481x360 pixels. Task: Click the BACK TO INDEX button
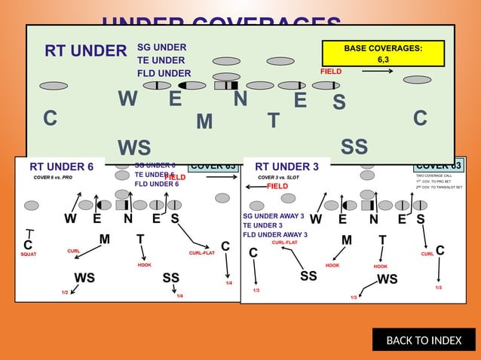tap(424, 340)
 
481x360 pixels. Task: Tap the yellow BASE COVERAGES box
tap(383, 53)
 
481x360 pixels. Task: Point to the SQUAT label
tap(29, 255)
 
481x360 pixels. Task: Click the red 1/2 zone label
tap(65, 291)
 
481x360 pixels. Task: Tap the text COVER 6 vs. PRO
tap(53, 177)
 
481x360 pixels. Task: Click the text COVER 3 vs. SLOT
tap(278, 177)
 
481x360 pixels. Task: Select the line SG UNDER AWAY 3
tap(273, 216)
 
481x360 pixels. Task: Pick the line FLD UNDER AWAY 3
tap(274, 234)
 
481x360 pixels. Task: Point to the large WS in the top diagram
tap(134, 148)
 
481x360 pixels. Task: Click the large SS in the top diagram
tap(354, 146)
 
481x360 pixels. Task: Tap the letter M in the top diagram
tap(204, 121)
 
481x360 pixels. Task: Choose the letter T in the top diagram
tap(273, 121)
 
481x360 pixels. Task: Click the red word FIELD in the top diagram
tap(331, 72)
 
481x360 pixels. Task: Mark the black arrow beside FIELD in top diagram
tap(377, 72)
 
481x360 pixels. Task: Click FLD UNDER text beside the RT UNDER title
tap(164, 73)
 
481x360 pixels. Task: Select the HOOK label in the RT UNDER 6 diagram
tap(145, 265)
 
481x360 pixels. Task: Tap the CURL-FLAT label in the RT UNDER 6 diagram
tap(201, 253)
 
